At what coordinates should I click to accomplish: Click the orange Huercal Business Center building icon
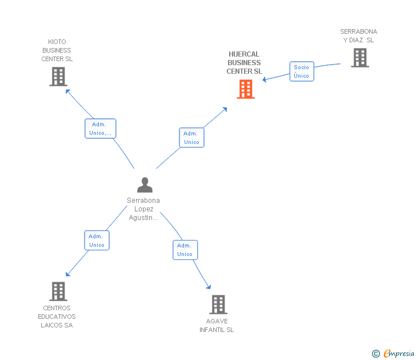click(246, 89)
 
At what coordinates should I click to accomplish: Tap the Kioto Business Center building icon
click(58, 77)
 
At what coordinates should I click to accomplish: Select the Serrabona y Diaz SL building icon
click(359, 58)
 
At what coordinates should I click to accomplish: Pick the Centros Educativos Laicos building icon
click(58, 291)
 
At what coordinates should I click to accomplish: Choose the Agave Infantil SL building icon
click(218, 305)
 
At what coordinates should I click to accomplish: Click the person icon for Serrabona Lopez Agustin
click(145, 185)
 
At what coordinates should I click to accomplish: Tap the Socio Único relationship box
click(301, 71)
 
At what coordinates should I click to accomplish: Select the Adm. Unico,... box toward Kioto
click(101, 129)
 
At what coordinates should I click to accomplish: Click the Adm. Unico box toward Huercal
click(191, 138)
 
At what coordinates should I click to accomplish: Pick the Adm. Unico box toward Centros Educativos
click(97, 241)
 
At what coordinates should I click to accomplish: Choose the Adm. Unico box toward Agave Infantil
click(185, 250)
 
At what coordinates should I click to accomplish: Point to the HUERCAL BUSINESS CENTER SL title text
click(244, 63)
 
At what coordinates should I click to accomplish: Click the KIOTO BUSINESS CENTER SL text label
click(57, 50)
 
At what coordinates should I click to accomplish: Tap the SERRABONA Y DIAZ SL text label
click(358, 36)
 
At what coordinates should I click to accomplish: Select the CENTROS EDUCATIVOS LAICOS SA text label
click(57, 317)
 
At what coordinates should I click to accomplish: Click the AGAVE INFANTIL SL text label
click(217, 325)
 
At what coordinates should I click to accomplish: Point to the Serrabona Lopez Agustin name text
click(143, 209)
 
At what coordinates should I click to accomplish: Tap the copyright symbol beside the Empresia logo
click(375, 354)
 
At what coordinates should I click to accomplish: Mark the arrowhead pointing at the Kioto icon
click(67, 90)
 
